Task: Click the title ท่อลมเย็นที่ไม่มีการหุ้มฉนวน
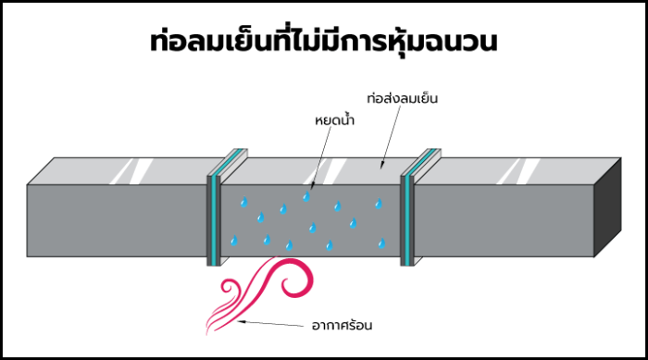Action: pos(323,43)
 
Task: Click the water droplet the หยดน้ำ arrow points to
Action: pos(306,196)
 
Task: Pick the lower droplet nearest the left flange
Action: pos(233,240)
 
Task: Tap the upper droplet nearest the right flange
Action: pos(378,205)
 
